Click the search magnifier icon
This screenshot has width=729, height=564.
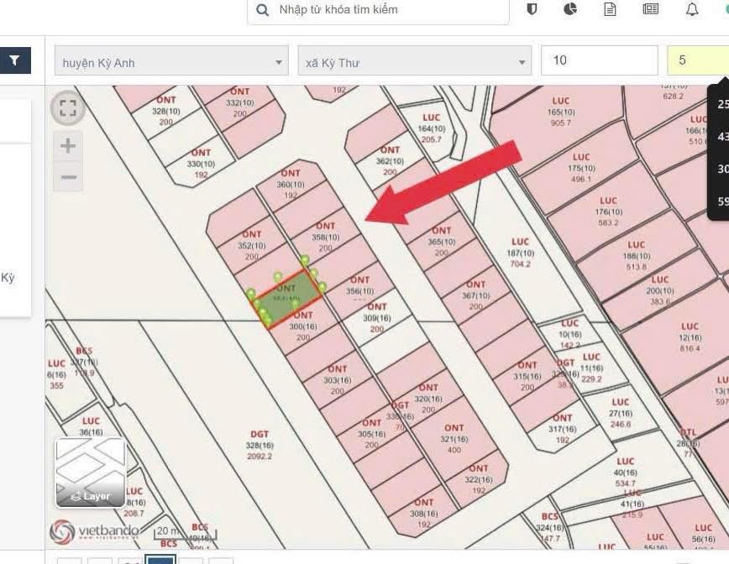263,10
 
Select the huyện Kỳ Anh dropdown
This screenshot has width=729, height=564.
171,62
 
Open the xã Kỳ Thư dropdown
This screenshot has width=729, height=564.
414,62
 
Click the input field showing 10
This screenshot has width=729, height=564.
599,60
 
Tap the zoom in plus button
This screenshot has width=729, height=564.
68,146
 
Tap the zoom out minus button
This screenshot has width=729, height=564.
68,177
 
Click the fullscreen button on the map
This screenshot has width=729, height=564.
68,107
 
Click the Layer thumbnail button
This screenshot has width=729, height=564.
91,473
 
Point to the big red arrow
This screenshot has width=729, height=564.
445,184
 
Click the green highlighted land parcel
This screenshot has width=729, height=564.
288,299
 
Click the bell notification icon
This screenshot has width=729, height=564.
692,10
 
